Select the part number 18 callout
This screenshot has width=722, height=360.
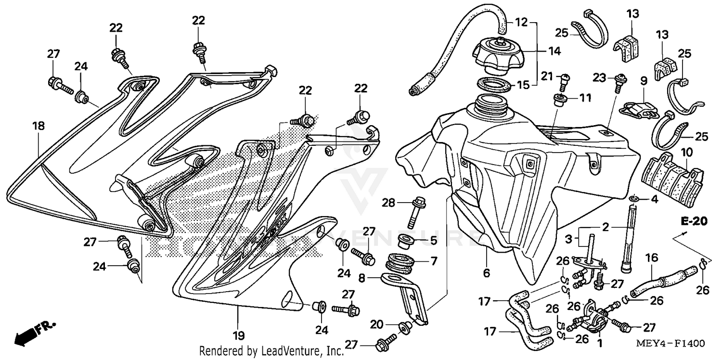coord(39,126)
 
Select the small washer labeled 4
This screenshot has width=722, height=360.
coord(635,199)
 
